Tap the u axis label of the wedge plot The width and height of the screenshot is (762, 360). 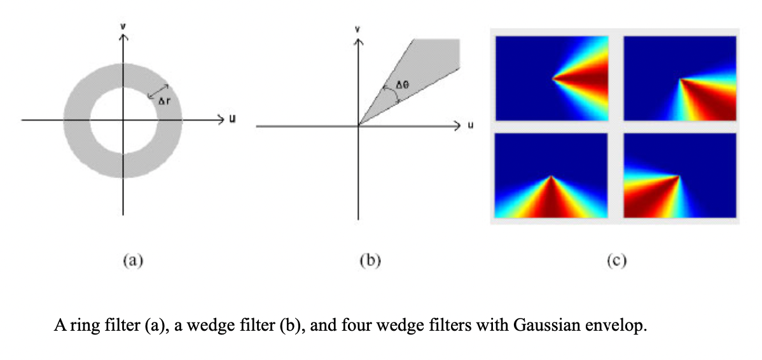pos(471,126)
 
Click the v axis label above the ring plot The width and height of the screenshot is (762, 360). pos(123,27)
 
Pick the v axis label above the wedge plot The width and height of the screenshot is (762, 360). pos(358,29)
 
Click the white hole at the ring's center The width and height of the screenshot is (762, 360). pos(123,120)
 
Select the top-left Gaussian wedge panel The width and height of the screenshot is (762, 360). pos(551,78)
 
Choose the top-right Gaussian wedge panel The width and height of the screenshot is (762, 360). pos(679,78)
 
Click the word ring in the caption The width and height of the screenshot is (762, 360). pos(78,328)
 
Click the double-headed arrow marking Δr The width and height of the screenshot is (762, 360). pos(158,92)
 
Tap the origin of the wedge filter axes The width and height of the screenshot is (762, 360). pos(358,126)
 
